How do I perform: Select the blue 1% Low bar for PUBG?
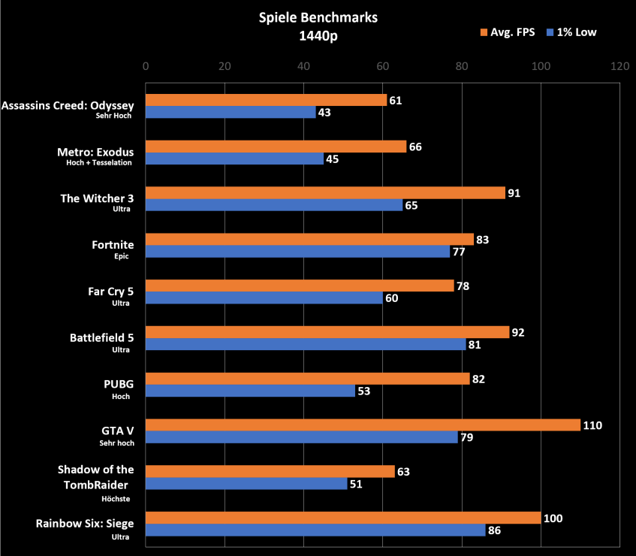(250, 391)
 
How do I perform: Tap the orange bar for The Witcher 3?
(325, 193)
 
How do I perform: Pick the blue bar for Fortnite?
(297, 252)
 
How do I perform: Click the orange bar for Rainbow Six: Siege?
(343, 518)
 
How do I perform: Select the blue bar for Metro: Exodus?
(234, 159)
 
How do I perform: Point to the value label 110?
(593, 425)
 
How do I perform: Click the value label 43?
(324, 113)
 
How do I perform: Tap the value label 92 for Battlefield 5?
(518, 332)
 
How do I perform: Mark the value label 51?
(357, 484)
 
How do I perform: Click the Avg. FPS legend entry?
(508, 32)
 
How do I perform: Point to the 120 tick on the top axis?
(619, 65)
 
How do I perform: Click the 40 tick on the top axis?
(303, 65)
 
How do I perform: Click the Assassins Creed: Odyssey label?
(68, 106)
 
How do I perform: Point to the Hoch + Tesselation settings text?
(99, 162)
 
